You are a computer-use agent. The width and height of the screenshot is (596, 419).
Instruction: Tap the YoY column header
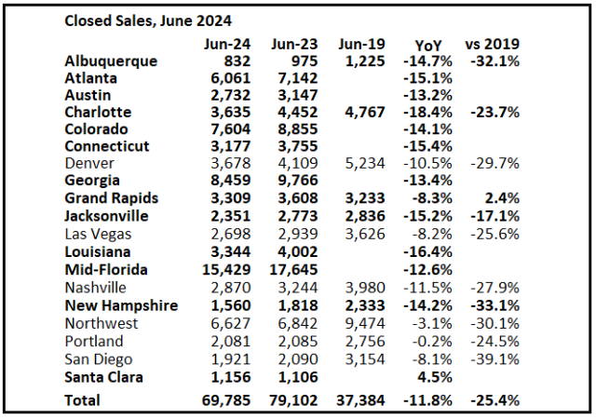429,44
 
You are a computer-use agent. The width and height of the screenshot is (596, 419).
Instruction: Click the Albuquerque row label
111,61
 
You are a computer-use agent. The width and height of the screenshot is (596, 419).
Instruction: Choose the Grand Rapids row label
112,198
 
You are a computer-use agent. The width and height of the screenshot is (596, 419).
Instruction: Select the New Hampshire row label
121,304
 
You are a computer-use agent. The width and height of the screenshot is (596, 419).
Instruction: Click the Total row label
82,400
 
